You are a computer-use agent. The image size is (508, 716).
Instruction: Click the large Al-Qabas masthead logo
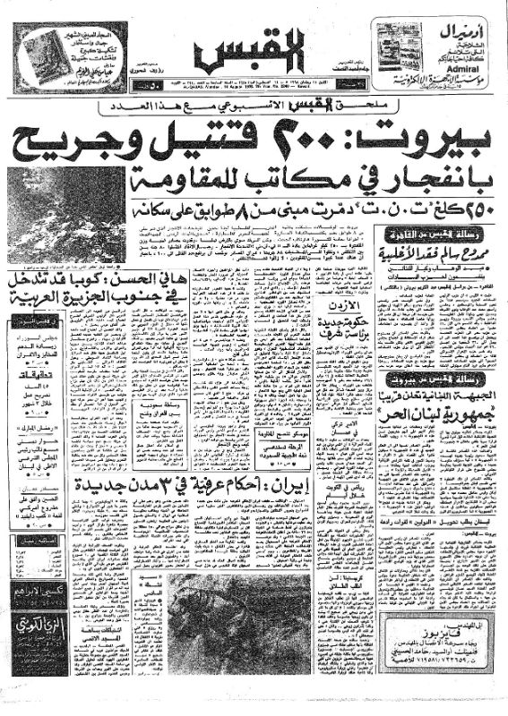[x=253, y=55]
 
